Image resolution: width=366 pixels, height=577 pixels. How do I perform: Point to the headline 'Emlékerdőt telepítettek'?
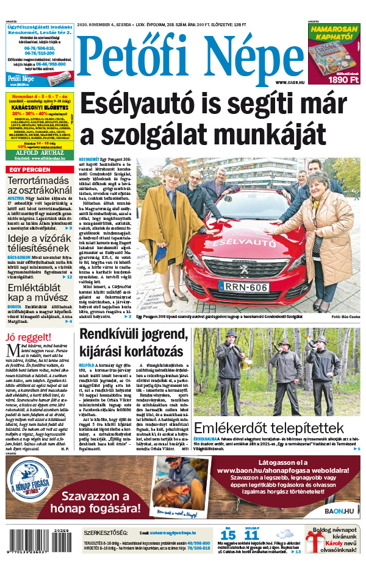pos(278,428)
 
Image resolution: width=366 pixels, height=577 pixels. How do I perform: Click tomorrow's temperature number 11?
pos(251,536)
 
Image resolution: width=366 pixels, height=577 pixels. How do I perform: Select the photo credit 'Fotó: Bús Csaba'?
pos(346,317)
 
